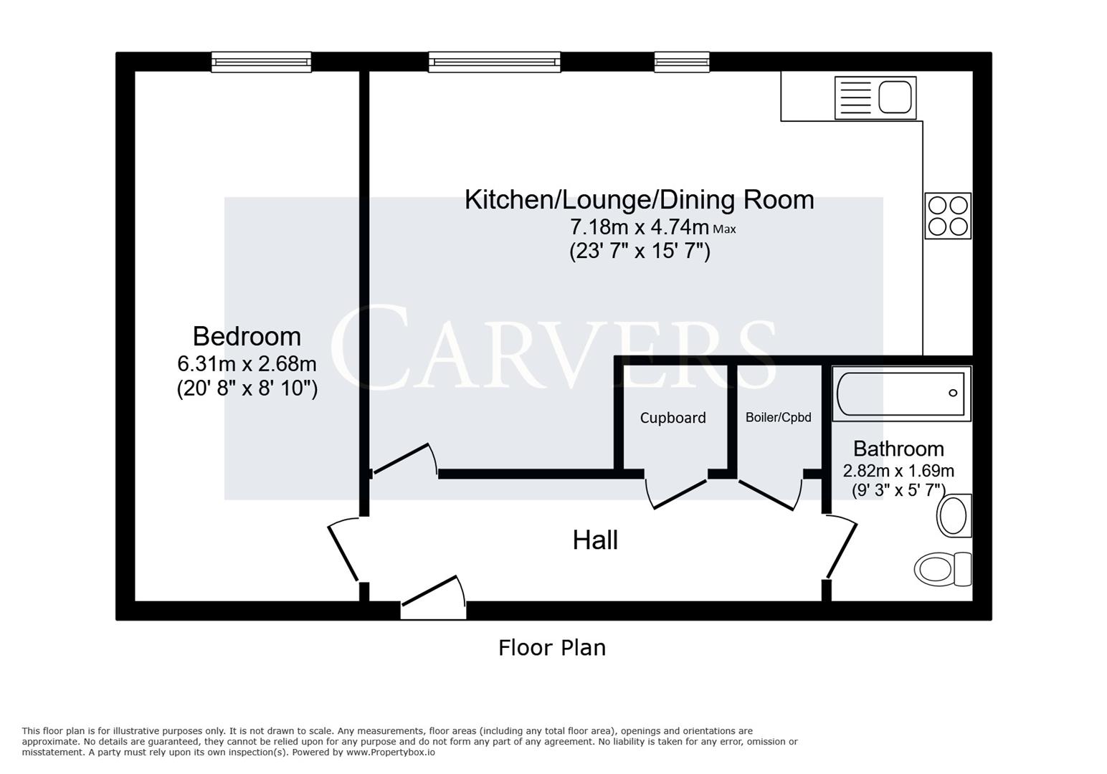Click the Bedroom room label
[247, 336]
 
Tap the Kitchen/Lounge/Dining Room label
[639, 199]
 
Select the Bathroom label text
[898, 449]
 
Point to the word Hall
[595, 540]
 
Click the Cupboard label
[673, 418]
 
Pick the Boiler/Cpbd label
[778, 417]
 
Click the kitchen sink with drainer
[875, 97]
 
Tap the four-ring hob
[948, 216]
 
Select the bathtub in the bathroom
[901, 393]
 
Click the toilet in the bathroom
[942, 569]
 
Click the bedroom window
[261, 62]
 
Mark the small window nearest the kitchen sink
[682, 62]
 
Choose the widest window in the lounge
[495, 62]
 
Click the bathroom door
[841, 550]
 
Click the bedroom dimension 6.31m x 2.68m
[247, 363]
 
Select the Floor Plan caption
[552, 648]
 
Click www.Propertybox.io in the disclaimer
[391, 752]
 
